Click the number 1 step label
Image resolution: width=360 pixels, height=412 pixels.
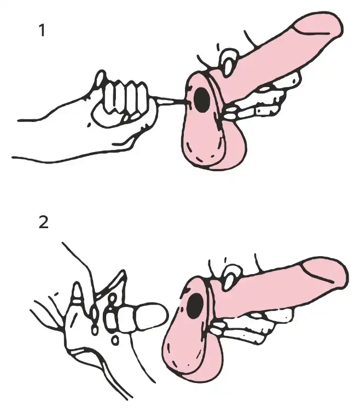tap(42, 30)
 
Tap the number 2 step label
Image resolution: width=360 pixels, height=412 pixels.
tap(44, 222)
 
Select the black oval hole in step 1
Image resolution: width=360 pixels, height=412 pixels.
tap(201, 100)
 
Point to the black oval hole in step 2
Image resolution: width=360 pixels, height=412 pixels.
tap(195, 306)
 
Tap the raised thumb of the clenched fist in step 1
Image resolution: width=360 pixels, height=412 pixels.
tap(100, 79)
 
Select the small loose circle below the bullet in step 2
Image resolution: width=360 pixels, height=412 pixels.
tap(114, 340)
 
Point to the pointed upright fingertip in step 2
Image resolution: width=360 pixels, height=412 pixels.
tap(77, 292)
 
